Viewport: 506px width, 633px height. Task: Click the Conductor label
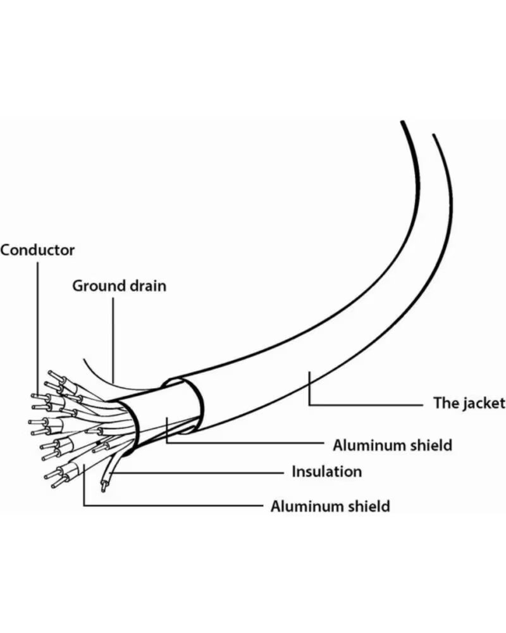[x=37, y=250]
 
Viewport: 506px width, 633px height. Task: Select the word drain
[x=148, y=286]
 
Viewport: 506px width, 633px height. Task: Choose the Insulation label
[x=327, y=472]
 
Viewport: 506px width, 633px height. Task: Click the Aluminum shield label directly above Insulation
[x=392, y=445]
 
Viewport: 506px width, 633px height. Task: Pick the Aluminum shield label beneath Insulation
[x=330, y=506]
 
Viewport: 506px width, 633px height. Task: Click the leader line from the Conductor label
[x=39, y=329]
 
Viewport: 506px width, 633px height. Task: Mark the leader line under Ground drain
[x=113, y=340]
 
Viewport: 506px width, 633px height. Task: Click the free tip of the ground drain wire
[x=84, y=359]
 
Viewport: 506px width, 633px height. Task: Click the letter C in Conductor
[x=5, y=250]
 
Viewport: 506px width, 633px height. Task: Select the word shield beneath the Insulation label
[x=369, y=506]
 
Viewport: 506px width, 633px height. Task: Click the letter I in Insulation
[x=294, y=472]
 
